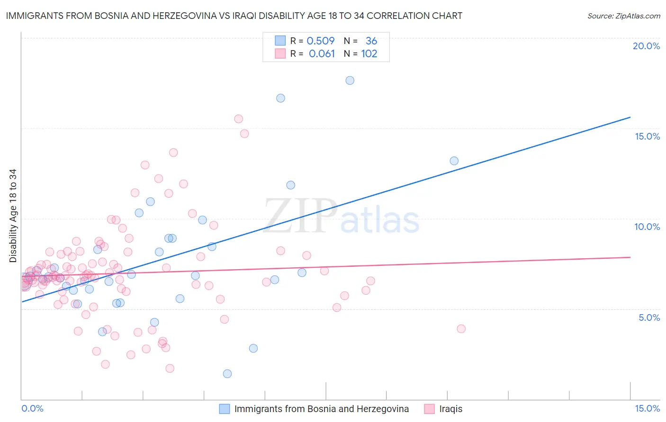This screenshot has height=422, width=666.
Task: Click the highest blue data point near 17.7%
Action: (350, 80)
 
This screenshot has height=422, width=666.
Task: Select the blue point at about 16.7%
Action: (280, 98)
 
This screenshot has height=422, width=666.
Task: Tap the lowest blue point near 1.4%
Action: (227, 374)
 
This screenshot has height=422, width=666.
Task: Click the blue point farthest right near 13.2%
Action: (454, 161)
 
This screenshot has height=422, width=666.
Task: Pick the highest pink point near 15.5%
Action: (238, 119)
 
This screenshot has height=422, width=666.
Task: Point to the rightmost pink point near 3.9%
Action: (461, 329)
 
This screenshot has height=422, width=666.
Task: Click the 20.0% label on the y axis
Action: (646, 46)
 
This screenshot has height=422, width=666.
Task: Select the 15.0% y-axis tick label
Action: (647, 136)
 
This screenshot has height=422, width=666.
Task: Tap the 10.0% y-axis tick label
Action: (647, 227)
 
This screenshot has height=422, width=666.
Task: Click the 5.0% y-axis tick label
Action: (649, 317)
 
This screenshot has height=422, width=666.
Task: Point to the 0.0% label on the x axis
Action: (32, 408)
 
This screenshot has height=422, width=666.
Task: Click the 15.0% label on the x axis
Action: (647, 408)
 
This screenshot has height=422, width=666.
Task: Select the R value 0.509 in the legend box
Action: (321, 41)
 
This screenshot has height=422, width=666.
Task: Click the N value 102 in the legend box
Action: (369, 54)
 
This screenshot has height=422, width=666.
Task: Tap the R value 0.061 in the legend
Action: (322, 54)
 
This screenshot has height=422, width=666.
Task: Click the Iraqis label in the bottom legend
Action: (450, 409)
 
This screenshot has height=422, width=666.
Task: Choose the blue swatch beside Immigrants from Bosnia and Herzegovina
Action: (225, 409)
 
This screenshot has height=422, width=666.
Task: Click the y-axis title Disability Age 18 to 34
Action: (13, 216)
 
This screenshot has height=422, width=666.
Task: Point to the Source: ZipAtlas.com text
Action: (623, 16)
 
